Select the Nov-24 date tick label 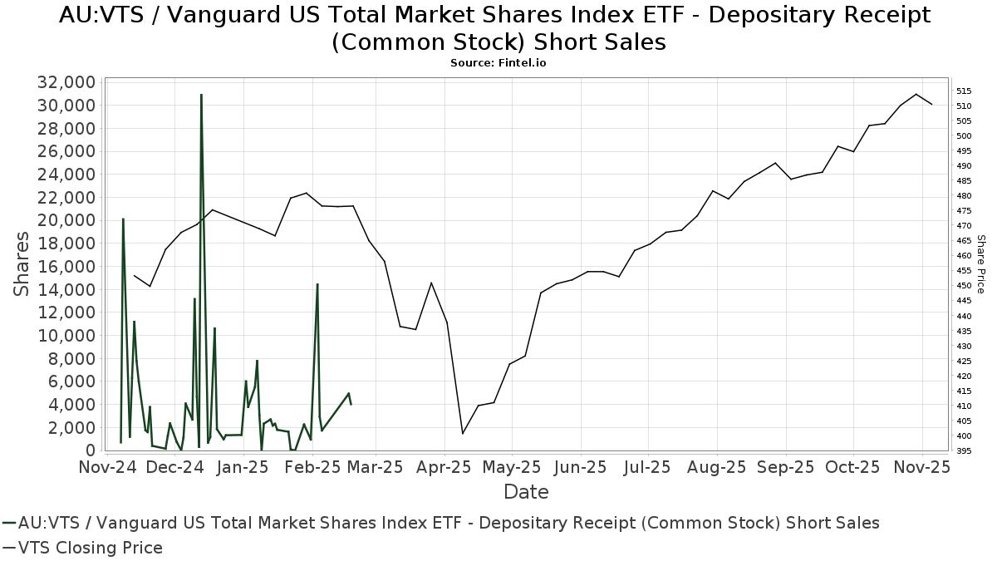(108, 467)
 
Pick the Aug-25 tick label (717, 467)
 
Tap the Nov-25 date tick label (922, 467)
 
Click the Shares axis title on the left (22, 264)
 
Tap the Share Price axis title (981, 264)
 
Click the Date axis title (526, 492)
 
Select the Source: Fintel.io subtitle (498, 62)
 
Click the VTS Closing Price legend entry (83, 548)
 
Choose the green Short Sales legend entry (441, 523)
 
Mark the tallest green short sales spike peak (201, 95)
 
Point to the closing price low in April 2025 (463, 433)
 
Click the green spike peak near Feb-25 (317, 284)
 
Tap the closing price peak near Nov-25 (916, 94)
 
